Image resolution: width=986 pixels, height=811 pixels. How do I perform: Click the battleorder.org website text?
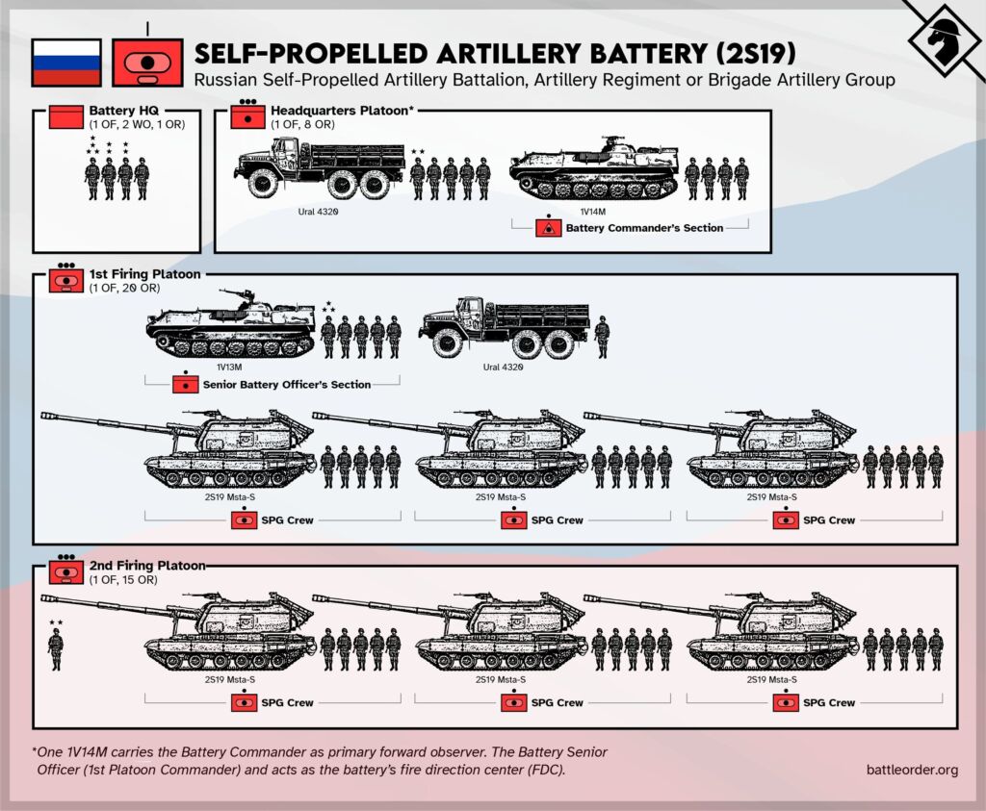[911, 769]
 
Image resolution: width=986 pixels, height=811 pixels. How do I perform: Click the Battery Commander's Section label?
[644, 228]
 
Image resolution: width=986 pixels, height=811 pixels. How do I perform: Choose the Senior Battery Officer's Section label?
[286, 385]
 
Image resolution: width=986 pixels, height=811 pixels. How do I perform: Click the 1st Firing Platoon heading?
[144, 274]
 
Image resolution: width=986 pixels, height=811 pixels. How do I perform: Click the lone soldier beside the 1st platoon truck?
[602, 337]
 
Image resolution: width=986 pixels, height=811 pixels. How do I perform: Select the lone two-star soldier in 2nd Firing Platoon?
[56, 647]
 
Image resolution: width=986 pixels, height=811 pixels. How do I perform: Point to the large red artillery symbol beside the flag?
[146, 62]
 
